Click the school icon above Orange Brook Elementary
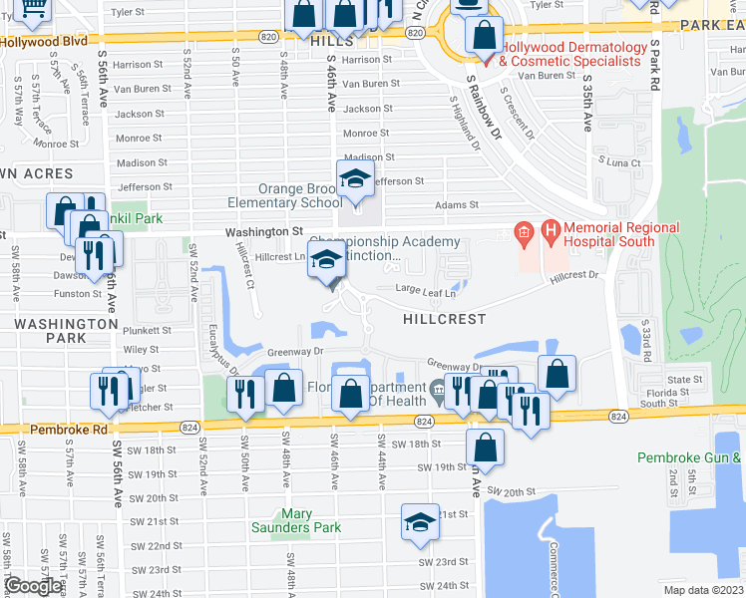coord(354,179)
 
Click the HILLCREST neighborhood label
coord(445,319)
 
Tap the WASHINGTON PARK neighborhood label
coord(66,331)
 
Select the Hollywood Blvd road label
coord(44,43)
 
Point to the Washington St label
coord(263,231)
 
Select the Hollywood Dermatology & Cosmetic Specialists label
coord(568,54)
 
